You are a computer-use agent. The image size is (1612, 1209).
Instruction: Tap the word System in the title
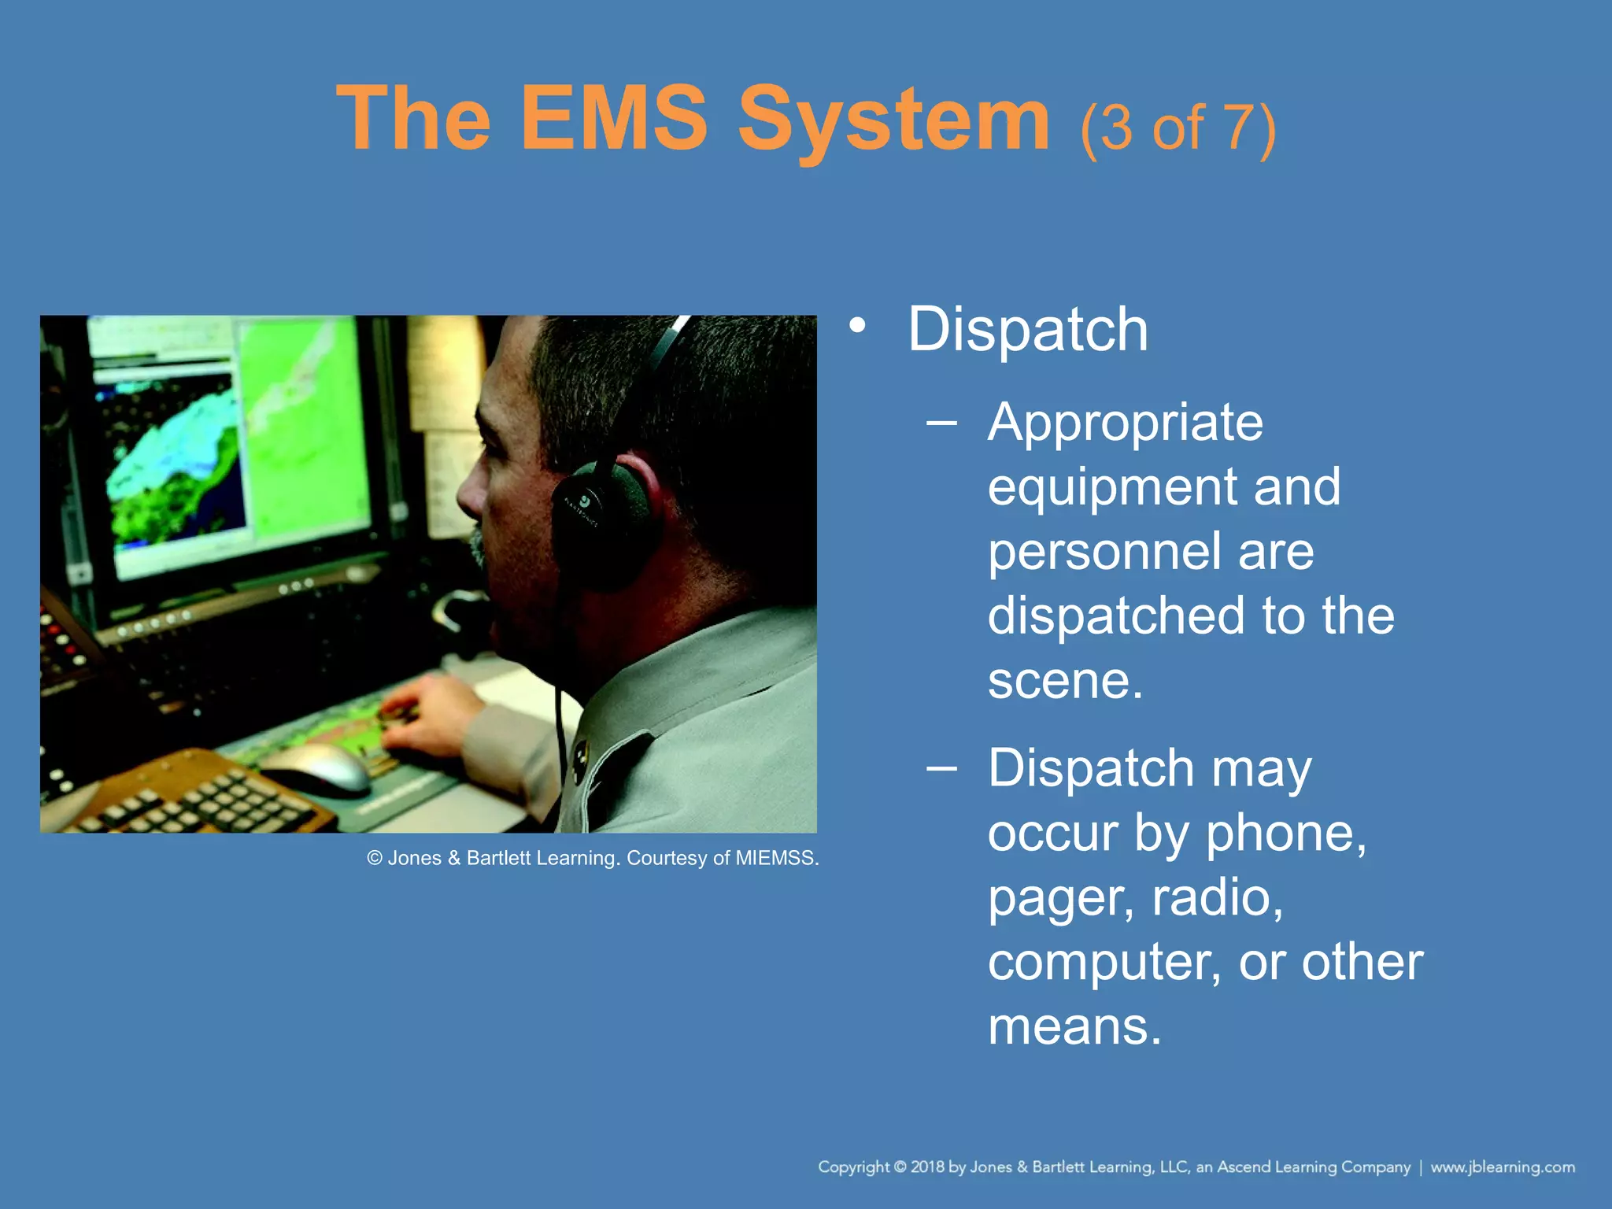point(893,120)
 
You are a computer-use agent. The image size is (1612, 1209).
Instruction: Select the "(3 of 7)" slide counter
point(1178,128)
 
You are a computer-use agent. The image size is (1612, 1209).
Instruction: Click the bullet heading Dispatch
point(1027,329)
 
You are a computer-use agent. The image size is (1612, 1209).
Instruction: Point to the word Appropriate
point(1125,423)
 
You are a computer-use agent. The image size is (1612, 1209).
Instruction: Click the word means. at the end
point(1074,1026)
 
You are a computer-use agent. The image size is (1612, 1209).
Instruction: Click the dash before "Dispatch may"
point(941,768)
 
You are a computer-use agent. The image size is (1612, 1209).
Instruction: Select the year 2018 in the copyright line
point(927,1167)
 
